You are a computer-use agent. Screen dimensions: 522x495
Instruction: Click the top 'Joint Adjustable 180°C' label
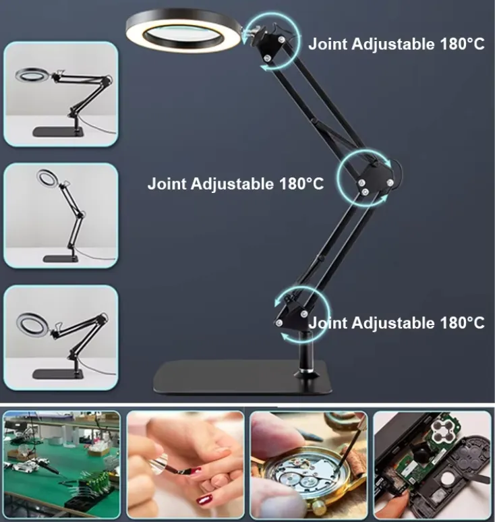396,45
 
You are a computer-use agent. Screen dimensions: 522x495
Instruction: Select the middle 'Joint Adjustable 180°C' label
236,183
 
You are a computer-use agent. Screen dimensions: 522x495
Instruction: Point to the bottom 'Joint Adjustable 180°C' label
397,323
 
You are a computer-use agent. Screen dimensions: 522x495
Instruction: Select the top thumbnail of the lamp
61,94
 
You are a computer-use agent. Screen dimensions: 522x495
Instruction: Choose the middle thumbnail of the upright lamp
61,216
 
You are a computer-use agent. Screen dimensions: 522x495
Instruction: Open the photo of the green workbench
61,465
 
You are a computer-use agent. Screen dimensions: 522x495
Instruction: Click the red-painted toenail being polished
204,500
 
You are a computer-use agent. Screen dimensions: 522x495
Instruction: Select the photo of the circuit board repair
432,465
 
